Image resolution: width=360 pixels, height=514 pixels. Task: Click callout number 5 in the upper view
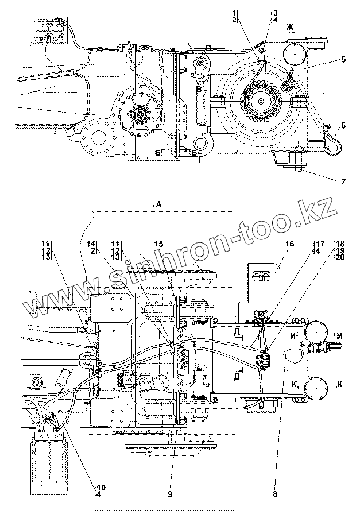click(x=342, y=59)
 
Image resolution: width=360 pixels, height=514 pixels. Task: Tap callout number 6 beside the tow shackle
click(x=342, y=125)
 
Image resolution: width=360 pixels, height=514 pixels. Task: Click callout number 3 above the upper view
click(x=276, y=12)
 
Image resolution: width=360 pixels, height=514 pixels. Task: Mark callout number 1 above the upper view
click(x=234, y=12)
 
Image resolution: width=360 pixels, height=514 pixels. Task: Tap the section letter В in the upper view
click(x=199, y=90)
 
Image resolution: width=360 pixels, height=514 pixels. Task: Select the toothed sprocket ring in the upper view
click(x=263, y=104)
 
